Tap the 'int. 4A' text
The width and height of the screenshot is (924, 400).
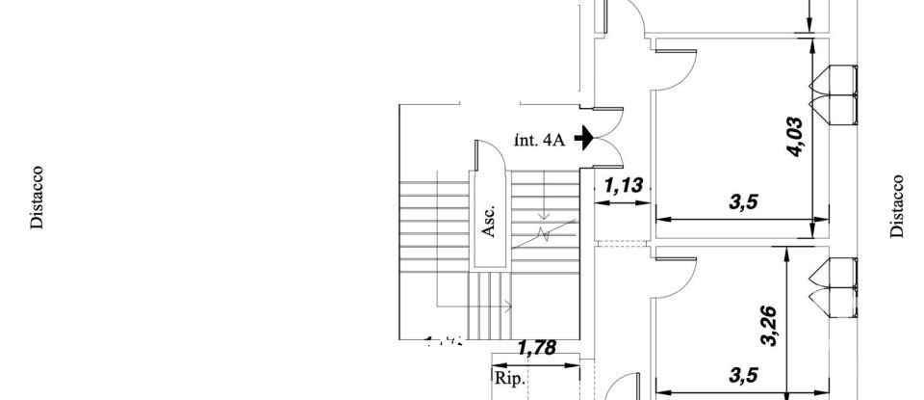click(x=539, y=140)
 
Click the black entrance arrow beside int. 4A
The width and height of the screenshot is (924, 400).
click(x=583, y=140)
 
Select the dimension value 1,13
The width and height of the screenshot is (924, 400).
click(x=623, y=183)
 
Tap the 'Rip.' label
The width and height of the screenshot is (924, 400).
click(x=509, y=379)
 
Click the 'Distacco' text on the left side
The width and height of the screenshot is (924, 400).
click(x=37, y=198)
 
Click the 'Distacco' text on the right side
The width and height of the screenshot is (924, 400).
click(x=896, y=205)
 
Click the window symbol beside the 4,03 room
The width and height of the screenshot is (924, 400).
click(x=834, y=94)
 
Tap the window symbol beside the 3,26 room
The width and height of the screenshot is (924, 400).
click(x=834, y=287)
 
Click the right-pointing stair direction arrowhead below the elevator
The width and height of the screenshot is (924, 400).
click(x=507, y=307)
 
